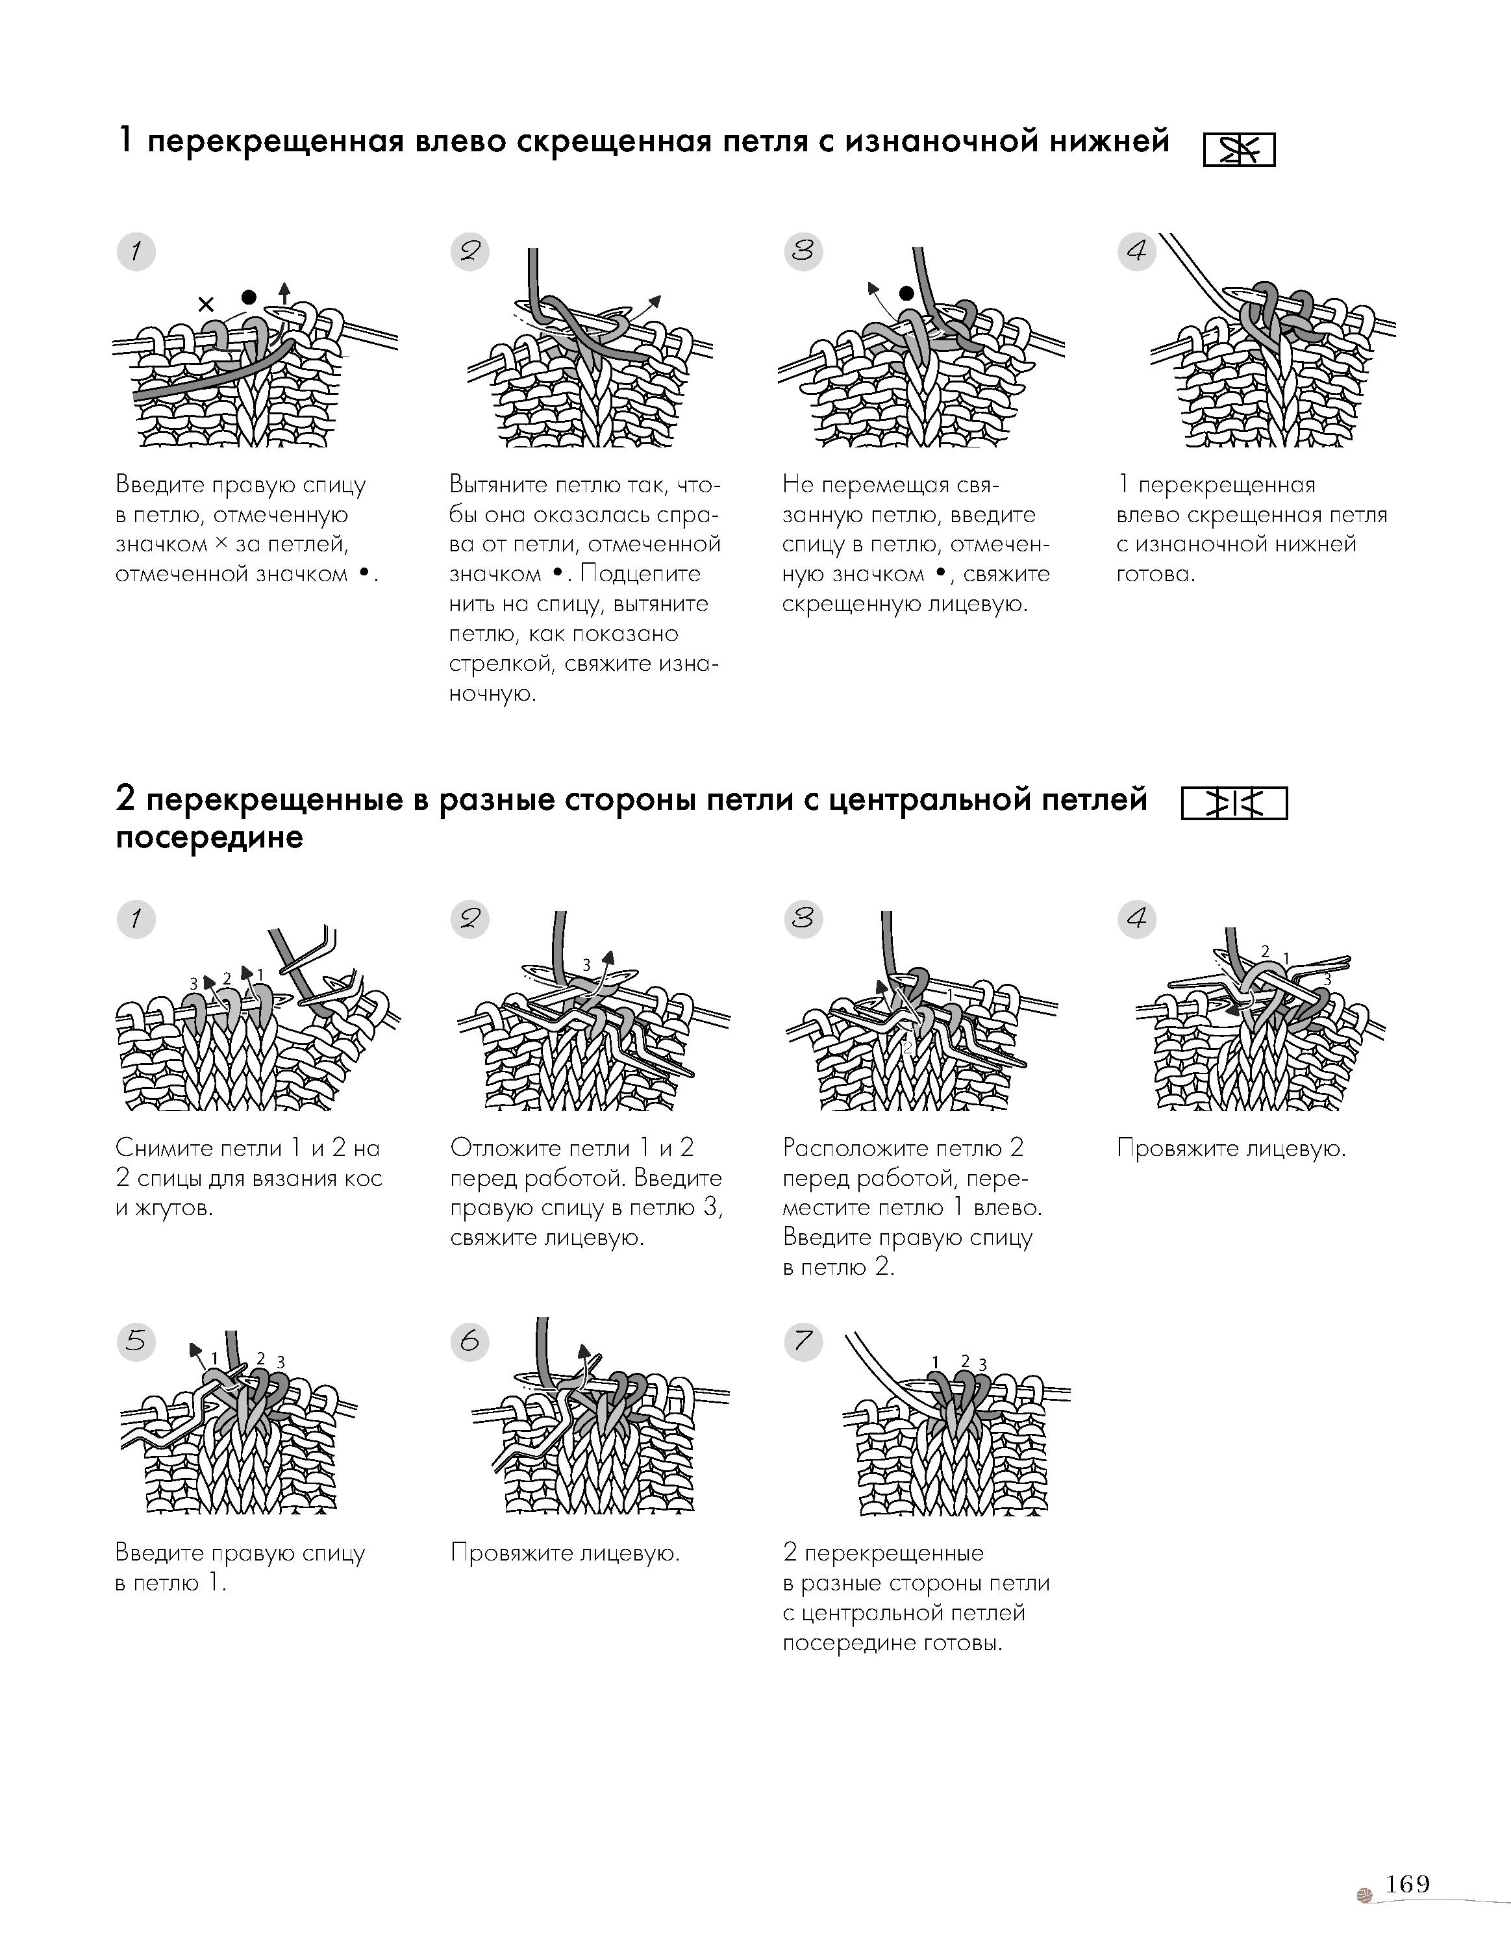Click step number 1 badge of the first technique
click(x=136, y=252)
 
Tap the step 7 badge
click(x=803, y=1342)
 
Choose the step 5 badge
click(x=136, y=1342)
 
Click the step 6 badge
click(x=469, y=1342)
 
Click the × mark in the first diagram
click(x=206, y=305)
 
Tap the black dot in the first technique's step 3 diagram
click(x=906, y=293)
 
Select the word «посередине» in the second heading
click(x=210, y=838)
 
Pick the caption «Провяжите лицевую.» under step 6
click(x=565, y=1553)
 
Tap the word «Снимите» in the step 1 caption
click(x=161, y=1148)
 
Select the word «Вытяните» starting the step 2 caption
click(x=497, y=484)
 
